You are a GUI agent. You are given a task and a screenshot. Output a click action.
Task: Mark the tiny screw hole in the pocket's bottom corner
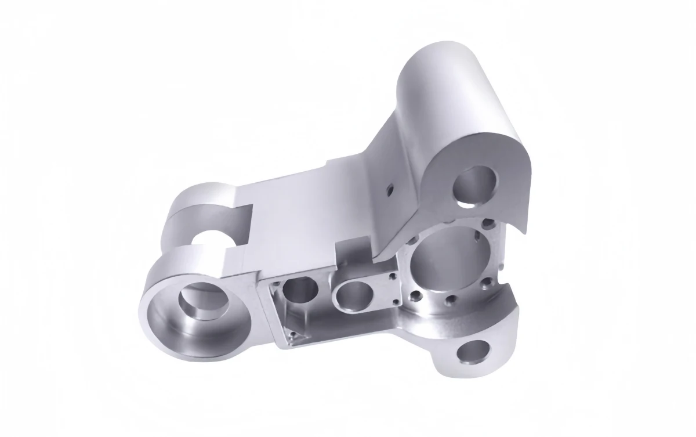293,335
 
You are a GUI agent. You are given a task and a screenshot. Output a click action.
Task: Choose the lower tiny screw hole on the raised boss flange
395,302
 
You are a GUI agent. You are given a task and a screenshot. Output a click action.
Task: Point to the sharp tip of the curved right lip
525,232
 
